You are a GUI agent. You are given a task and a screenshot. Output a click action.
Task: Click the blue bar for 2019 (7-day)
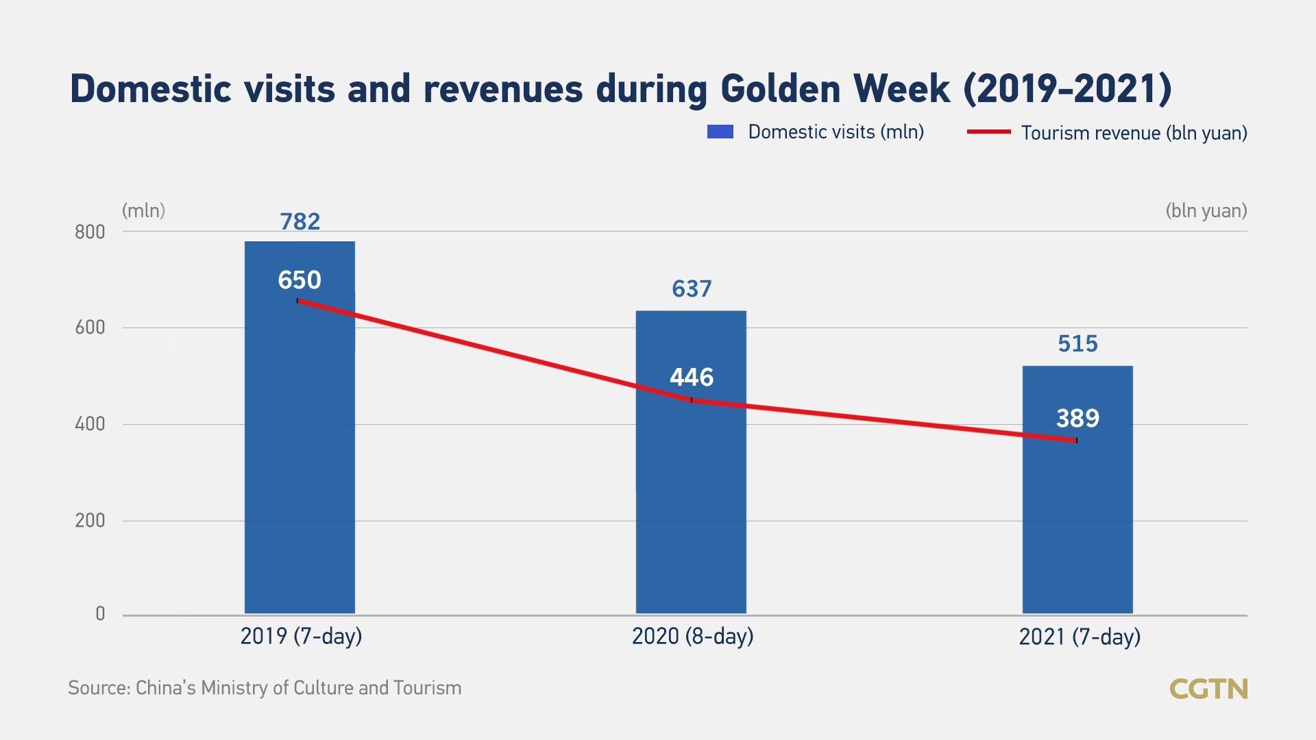[300, 480]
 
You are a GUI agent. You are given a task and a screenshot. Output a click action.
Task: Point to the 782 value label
[300, 221]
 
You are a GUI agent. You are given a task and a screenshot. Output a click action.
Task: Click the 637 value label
[692, 288]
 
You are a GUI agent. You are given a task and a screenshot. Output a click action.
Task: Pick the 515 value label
[1077, 343]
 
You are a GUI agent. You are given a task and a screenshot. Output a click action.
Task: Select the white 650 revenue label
[300, 280]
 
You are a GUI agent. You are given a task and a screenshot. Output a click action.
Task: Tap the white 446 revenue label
[692, 377]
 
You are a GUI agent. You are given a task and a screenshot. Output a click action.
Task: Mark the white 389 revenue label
[1077, 418]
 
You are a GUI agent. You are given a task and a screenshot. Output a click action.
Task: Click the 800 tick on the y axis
[90, 232]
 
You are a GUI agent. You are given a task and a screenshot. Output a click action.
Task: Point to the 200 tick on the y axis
[90, 521]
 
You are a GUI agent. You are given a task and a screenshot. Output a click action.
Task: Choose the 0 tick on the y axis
[100, 614]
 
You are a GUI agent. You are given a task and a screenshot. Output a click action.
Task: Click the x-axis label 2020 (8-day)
[692, 637]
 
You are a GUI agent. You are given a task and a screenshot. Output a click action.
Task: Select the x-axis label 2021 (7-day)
[1080, 637]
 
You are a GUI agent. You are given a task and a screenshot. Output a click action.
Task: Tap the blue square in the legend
[720, 132]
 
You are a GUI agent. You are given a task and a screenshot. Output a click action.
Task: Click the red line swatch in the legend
[988, 132]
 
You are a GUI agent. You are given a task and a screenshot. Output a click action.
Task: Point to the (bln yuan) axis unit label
[1206, 210]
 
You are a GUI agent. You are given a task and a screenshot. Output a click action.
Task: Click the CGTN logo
[1208, 689]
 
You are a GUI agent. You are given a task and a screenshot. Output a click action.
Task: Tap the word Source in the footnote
[99, 688]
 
